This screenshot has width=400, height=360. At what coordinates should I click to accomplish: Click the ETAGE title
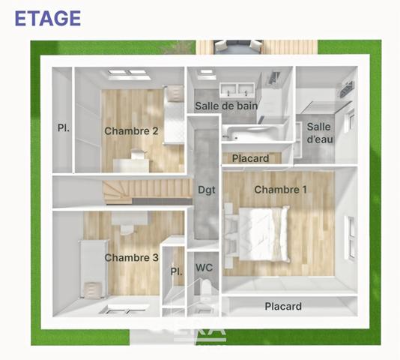point(47,18)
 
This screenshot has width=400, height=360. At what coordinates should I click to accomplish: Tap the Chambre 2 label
point(131,131)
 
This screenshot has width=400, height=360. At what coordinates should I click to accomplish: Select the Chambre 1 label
point(280,190)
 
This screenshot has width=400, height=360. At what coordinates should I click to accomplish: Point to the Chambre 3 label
point(131,258)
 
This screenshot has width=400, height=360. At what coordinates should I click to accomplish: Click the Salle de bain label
point(226,106)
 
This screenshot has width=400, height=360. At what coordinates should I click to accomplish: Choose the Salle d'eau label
point(319,133)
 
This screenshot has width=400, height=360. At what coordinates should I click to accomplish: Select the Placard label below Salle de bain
point(250,158)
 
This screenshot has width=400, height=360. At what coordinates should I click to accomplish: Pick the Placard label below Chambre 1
point(283,306)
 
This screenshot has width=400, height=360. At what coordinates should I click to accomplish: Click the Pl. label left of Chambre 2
point(64,127)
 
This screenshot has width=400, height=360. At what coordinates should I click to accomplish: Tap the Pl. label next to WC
point(177,271)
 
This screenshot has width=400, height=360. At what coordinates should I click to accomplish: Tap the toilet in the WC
point(204,294)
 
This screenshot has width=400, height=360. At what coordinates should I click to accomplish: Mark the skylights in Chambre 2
point(128,73)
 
